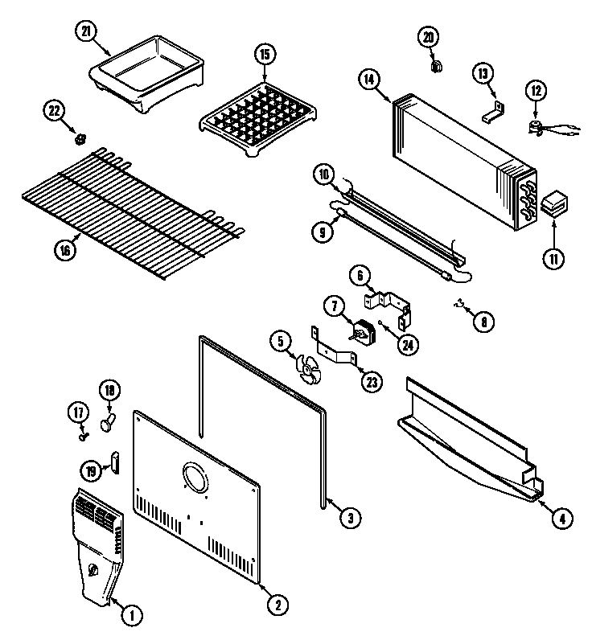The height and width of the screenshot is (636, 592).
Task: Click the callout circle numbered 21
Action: [84, 31]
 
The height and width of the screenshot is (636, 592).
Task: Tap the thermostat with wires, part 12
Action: [536, 125]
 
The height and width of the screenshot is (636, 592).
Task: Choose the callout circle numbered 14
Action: [370, 79]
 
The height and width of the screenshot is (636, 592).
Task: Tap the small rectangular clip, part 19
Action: [114, 462]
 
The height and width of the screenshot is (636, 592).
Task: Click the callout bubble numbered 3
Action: [347, 519]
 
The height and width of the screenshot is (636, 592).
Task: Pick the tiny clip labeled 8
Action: [461, 304]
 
